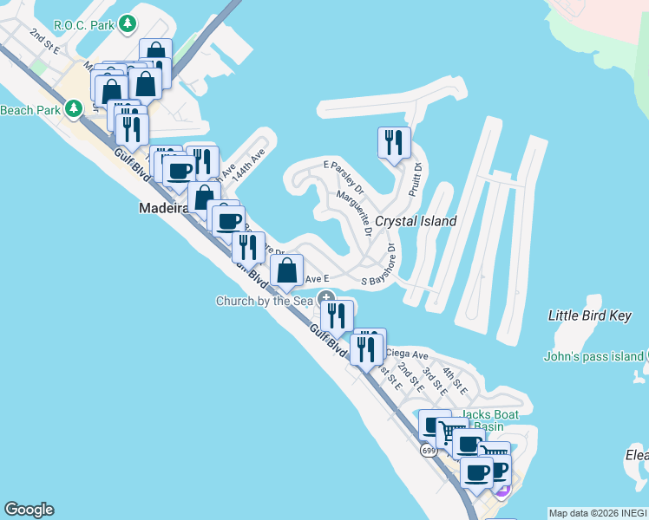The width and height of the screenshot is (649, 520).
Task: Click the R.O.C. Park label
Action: (x=83, y=24)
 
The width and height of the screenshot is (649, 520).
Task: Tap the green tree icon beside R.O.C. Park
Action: (x=128, y=23)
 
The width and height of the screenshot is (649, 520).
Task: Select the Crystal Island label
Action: (x=415, y=221)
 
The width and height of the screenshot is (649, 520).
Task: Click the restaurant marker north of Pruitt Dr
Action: (x=394, y=143)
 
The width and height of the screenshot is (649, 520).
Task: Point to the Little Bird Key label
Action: (x=590, y=315)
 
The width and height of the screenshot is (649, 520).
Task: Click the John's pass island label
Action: (x=593, y=356)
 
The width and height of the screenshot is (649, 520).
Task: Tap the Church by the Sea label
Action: (x=264, y=301)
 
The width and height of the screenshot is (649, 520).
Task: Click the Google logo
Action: (x=29, y=510)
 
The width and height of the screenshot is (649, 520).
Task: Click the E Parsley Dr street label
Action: (x=344, y=175)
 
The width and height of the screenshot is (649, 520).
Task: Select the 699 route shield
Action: (x=429, y=451)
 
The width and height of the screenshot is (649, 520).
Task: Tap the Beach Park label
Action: (x=30, y=110)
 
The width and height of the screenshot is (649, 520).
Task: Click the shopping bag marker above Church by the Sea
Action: (x=286, y=271)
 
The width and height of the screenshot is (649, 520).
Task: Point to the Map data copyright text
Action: (x=598, y=513)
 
